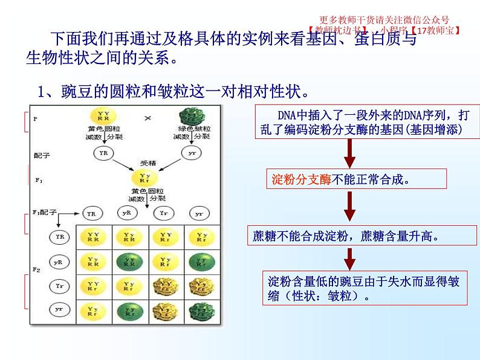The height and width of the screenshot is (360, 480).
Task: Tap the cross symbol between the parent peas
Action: [147, 118]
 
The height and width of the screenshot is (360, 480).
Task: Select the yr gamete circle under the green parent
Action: [191, 153]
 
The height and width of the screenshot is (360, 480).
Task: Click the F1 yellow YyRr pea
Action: [144, 178]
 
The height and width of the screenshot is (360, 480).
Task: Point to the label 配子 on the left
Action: [42, 155]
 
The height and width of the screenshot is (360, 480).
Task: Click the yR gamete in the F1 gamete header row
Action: [127, 213]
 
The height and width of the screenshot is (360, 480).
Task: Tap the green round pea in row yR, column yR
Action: [128, 262]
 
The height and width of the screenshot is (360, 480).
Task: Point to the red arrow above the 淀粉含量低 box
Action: [349, 259]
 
